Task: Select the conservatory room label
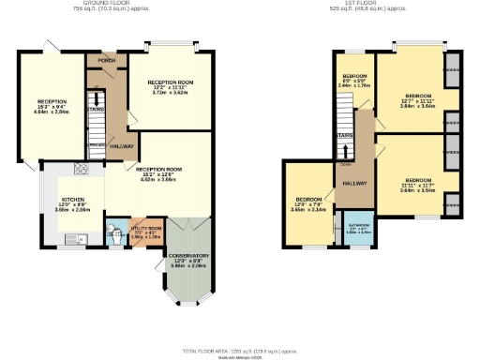pos(189,259)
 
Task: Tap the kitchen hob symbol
pos(82,170)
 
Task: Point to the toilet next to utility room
pos(113,236)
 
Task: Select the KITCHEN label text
pos(73,200)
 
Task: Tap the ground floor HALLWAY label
pos(122,147)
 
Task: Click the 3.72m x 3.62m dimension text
pos(170,94)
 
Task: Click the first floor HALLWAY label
pos(354,183)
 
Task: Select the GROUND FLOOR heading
pos(105,4)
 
